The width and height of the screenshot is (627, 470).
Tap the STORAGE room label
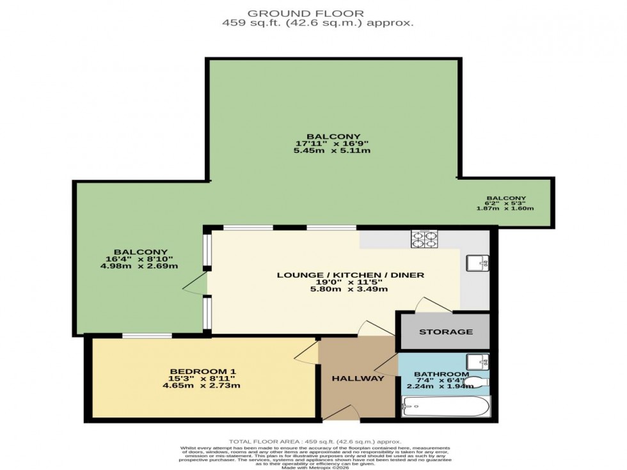pos(446,332)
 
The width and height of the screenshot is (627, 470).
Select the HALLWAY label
pos(358,379)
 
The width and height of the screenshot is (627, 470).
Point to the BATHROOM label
pos(441,374)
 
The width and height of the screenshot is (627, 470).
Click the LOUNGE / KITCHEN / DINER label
pos(351,275)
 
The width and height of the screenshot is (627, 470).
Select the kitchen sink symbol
pos(477,262)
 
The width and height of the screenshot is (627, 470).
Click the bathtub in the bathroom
pos(445,407)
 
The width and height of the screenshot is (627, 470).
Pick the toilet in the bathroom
pos(475,382)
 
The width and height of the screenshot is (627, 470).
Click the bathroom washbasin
pos(477,361)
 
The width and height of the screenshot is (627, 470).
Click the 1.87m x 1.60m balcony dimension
pos(505,208)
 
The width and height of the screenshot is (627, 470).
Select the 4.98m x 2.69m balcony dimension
pos(141,266)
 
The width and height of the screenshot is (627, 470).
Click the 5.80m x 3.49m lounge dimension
pos(351,289)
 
